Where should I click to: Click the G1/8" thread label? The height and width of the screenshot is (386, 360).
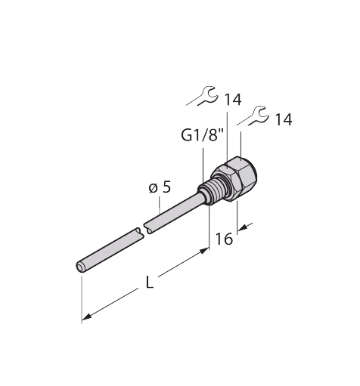pyautogui.click(x=203, y=136)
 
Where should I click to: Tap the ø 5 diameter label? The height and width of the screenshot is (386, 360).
pyautogui.click(x=160, y=187)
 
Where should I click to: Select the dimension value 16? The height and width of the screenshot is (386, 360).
pyautogui.click(x=224, y=239)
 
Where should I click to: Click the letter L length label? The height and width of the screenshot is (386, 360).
pyautogui.click(x=150, y=282)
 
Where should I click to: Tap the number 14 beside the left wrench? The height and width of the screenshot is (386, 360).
pyautogui.click(x=233, y=100)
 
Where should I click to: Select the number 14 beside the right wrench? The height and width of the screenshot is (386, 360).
pyautogui.click(x=284, y=119)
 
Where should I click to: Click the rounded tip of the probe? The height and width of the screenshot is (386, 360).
pyautogui.click(x=80, y=267)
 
